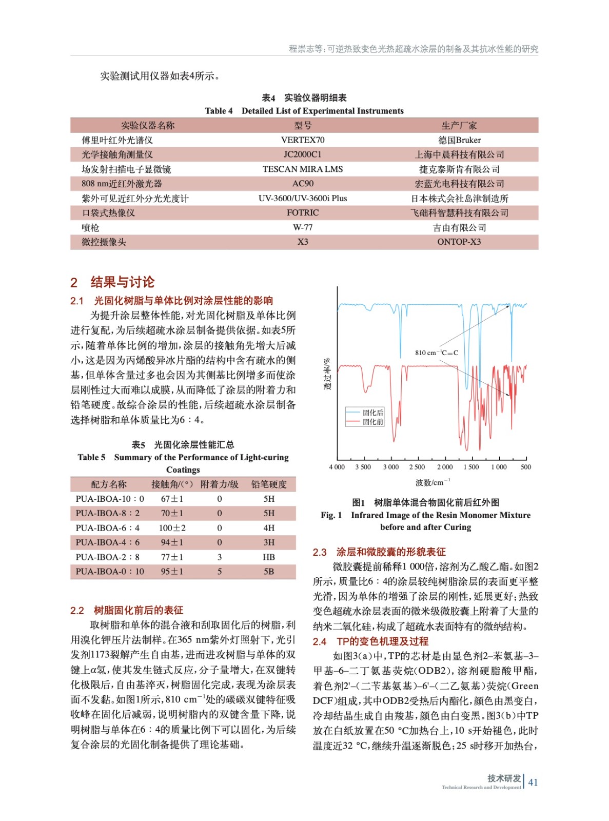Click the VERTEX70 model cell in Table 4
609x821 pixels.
(x=303, y=140)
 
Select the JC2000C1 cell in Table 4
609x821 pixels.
(x=303, y=154)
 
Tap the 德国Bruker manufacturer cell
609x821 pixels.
(x=459, y=140)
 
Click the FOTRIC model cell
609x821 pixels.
(x=303, y=213)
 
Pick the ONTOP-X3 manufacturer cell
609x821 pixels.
(x=459, y=242)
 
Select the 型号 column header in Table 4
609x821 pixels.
(x=303, y=126)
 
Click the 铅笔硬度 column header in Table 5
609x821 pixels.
(x=269, y=484)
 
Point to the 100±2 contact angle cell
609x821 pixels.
(x=172, y=528)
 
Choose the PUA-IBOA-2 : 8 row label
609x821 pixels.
(x=107, y=557)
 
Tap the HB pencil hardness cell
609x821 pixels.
(x=269, y=557)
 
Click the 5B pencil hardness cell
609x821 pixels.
(x=269, y=572)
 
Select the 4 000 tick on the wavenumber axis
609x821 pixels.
(x=337, y=467)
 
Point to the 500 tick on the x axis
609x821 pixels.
(x=526, y=467)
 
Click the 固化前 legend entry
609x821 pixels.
(x=373, y=422)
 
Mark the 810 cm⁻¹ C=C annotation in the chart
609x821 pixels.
(x=436, y=353)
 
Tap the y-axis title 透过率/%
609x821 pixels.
(x=327, y=374)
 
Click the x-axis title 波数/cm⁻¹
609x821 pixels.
(x=433, y=482)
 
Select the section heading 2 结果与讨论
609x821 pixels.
(x=112, y=282)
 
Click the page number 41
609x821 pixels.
(x=533, y=782)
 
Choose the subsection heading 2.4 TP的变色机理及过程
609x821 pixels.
(x=370, y=641)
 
